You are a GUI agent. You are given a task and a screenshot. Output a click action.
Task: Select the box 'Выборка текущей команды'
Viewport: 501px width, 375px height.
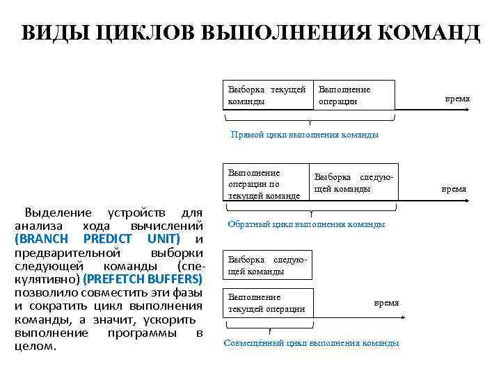point(267,95)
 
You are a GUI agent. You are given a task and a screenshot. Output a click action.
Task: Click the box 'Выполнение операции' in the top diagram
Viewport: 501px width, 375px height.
point(354,95)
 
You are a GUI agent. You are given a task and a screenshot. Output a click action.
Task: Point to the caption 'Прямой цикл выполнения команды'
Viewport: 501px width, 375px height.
point(305,135)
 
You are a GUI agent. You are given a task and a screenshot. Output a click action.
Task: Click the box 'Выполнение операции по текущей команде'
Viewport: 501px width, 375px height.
point(265,184)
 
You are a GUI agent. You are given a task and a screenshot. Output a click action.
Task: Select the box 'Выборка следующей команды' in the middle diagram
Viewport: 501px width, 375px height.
point(353,183)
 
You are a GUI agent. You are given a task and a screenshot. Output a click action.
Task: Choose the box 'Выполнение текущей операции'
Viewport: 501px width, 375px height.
point(267,303)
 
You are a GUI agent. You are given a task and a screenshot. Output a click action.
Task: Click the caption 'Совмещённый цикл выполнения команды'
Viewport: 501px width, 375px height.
point(311,343)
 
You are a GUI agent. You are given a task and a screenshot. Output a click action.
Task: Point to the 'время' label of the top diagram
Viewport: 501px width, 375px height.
point(457,99)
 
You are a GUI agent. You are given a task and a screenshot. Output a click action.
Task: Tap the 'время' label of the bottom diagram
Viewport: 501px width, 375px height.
point(387,303)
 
